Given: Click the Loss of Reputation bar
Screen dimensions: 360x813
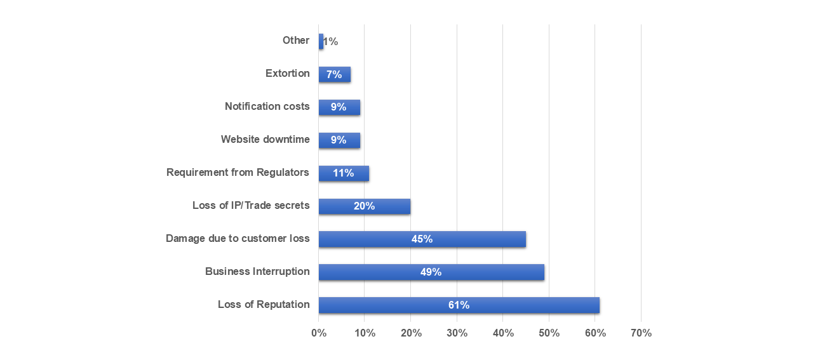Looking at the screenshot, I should click(x=459, y=305).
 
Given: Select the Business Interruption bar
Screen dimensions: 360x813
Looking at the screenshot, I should click(x=431, y=272).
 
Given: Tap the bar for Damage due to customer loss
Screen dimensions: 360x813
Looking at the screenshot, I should click(x=422, y=239).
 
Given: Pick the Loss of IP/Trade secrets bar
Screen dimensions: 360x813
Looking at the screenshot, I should click(x=364, y=206).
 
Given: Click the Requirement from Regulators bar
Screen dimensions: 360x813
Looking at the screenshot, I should click(x=344, y=173).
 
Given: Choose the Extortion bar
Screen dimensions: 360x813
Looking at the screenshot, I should click(x=334, y=74).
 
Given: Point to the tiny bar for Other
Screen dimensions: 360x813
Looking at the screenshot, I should click(x=321, y=41).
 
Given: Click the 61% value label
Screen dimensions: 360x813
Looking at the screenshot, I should click(x=459, y=305).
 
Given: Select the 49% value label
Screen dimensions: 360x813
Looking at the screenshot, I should click(x=431, y=272).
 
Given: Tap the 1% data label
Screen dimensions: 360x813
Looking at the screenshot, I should click(x=330, y=42).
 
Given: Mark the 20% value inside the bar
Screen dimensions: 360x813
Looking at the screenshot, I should click(x=364, y=206).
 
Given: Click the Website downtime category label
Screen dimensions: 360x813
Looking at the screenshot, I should click(x=265, y=139).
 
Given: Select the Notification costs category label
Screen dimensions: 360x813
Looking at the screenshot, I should click(x=267, y=106).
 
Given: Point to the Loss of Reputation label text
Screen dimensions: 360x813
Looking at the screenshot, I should click(x=264, y=304).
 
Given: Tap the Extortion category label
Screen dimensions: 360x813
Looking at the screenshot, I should click(x=287, y=73).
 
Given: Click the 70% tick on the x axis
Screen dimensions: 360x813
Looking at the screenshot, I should click(x=641, y=333).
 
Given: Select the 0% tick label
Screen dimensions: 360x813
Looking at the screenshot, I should click(x=318, y=333).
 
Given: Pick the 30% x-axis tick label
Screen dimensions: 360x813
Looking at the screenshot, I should click(x=457, y=333).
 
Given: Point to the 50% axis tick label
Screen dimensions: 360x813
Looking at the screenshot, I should click(x=549, y=333).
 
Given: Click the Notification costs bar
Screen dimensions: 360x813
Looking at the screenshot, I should click(x=339, y=107).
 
